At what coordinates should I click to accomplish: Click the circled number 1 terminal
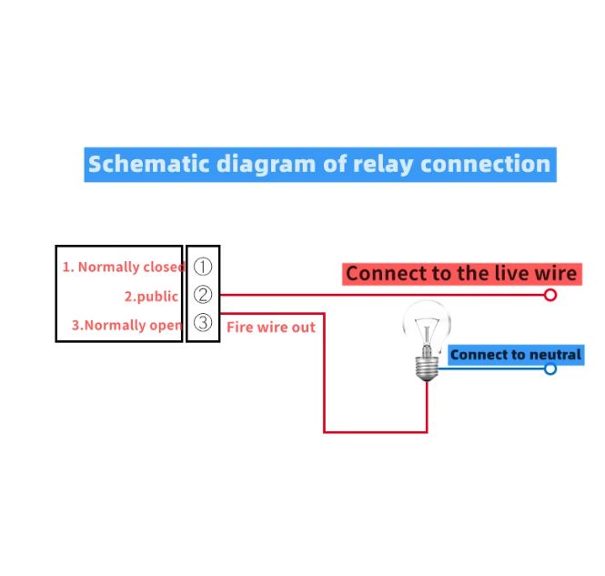coord(203,267)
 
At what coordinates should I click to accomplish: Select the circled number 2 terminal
coord(203,295)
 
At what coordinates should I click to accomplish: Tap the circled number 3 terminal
coord(203,323)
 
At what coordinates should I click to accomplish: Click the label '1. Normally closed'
coord(123,267)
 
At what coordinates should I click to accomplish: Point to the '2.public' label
coord(151,296)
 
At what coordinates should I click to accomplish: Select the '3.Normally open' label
coord(126,325)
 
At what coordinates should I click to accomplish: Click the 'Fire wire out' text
coord(270,327)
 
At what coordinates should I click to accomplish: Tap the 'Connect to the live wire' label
coord(461,273)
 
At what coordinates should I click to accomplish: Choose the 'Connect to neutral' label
coord(515,355)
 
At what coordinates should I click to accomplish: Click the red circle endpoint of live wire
coord(550,295)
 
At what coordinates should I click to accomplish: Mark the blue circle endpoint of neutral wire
coord(550,369)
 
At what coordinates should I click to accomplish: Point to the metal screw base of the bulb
coord(427,367)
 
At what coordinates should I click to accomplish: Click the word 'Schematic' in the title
coord(147,165)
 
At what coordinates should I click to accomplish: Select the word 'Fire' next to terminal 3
coord(239,327)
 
